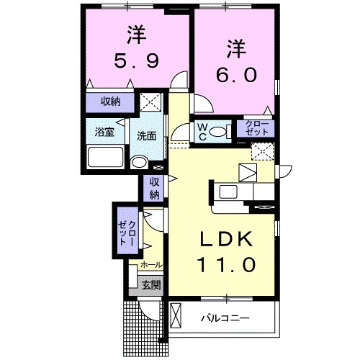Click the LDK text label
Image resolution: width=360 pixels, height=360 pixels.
[225, 240]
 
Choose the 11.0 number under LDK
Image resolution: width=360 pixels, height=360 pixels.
[225, 266]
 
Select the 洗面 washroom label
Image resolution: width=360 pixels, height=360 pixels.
[147, 135]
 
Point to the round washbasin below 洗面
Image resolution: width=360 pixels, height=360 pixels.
[138, 162]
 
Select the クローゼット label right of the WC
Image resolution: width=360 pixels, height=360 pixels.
[257, 130]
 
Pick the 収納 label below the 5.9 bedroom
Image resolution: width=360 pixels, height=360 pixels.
[109, 102]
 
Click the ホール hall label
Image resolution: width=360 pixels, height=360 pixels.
[150, 266]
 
